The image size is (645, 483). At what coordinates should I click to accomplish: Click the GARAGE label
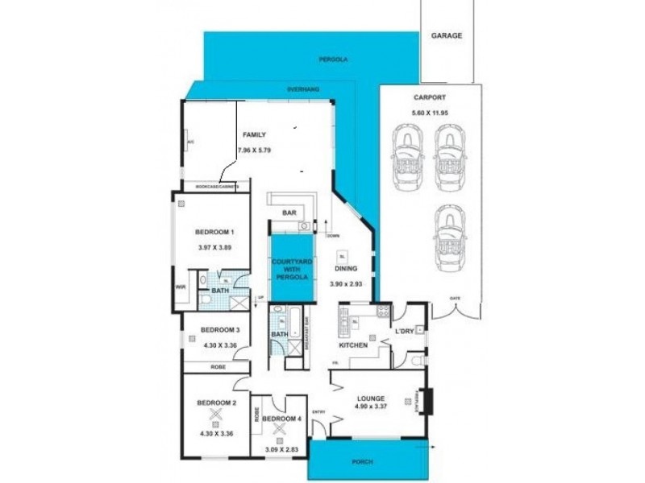pos(446,36)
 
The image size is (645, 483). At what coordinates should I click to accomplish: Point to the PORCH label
pos(368,461)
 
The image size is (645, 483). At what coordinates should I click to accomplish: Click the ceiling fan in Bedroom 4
pos(280,429)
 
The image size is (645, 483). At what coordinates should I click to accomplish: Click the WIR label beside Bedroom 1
pos(181,286)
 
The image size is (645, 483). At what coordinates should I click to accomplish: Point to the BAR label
pos(289,213)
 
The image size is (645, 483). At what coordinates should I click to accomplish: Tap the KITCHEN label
pos(353,345)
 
